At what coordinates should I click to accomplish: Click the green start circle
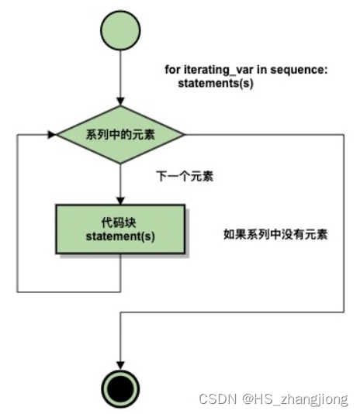[x=120, y=30]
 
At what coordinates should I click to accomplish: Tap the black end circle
[x=120, y=388]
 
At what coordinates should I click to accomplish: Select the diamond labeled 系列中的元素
[x=120, y=135]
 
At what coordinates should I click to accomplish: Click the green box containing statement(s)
[x=120, y=229]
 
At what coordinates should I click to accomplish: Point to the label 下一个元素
[x=185, y=176]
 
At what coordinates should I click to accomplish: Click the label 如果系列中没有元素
[x=275, y=234]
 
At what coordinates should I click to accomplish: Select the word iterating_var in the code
[x=219, y=70]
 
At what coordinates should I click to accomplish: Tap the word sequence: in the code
[x=299, y=70]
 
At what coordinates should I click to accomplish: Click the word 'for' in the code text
[x=172, y=70]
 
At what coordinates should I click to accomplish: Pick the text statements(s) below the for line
[x=216, y=84]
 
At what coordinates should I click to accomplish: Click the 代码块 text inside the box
[x=119, y=223]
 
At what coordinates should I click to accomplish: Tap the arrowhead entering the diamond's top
[x=120, y=102]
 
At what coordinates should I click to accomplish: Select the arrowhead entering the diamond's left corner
[x=52, y=135]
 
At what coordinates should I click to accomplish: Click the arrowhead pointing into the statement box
[x=120, y=201]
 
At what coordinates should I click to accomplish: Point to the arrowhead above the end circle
[x=120, y=366]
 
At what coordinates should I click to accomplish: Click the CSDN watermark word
[x=218, y=398]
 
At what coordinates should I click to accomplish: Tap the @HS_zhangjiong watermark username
[x=296, y=399]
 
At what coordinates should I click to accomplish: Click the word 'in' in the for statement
[x=262, y=70]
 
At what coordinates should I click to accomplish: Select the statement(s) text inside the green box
[x=120, y=236]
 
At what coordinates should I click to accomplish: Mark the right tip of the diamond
[x=185, y=135]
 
